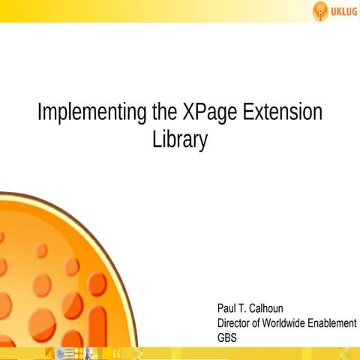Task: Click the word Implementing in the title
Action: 91,113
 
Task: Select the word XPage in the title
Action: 209,113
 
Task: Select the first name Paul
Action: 226,308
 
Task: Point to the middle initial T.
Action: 242,308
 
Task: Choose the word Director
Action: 235,322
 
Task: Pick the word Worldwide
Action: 288,322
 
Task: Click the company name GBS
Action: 226,337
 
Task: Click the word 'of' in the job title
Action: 260,322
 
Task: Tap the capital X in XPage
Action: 187,113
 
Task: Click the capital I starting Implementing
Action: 40,113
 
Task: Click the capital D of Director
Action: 220,322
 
